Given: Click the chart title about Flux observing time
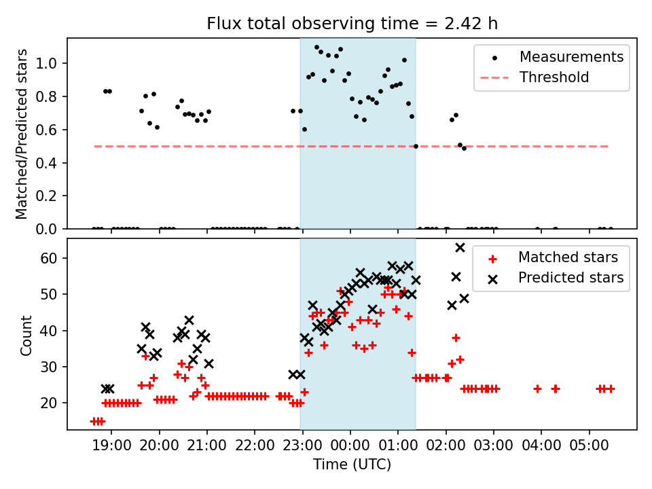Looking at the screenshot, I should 352,24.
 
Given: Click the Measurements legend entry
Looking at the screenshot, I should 571,57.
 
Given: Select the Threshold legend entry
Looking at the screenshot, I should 554,77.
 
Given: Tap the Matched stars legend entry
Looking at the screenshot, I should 568,257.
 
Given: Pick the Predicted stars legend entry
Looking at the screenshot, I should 570,278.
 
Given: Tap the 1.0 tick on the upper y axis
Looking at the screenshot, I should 51,64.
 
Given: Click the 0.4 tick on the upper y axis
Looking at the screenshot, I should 51,163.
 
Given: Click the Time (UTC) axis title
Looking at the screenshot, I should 352,465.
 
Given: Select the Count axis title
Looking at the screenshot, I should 26,335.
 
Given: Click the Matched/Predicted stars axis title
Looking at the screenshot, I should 22,134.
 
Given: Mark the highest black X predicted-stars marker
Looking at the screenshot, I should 460,247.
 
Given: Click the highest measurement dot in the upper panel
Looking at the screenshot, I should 316,48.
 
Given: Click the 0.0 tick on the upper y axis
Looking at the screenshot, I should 51,230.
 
